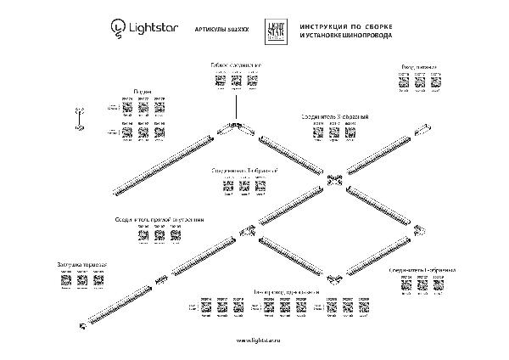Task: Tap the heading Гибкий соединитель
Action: click(x=236, y=65)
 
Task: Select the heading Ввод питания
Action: click(x=421, y=65)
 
